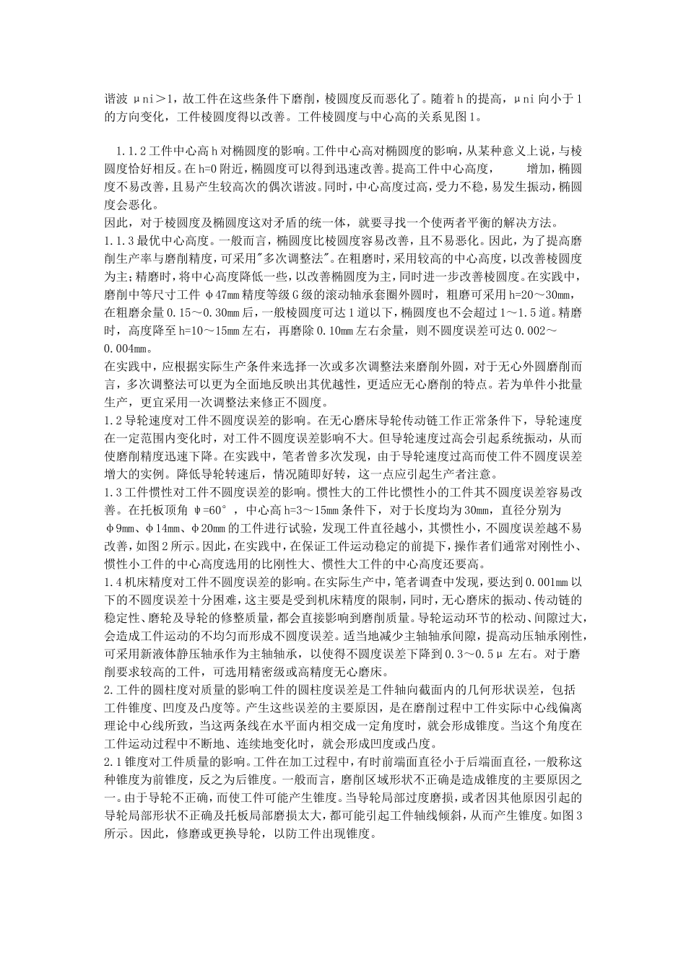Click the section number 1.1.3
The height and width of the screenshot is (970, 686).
pyautogui.click(x=120, y=239)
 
